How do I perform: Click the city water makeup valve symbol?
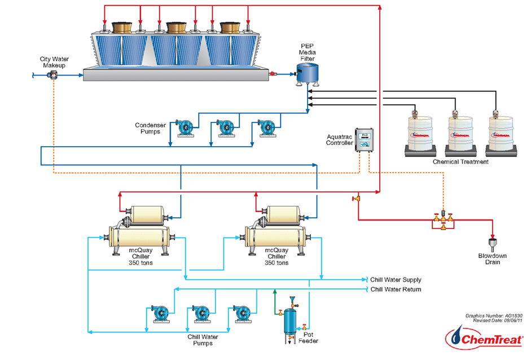point(54,74)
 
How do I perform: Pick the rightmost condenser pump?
point(266,128)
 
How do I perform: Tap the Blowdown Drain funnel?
point(494,244)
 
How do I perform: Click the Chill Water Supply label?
point(395,280)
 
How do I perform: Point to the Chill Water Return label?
point(395,289)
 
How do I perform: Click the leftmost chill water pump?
point(159,314)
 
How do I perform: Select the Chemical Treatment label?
point(461,162)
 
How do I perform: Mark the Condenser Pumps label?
point(151,128)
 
